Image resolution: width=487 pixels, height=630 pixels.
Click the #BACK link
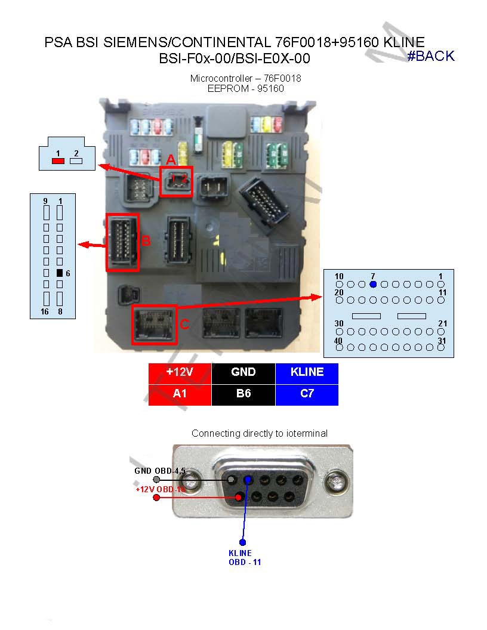pos(431,56)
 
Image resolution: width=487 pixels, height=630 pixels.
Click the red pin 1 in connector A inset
pos(58,161)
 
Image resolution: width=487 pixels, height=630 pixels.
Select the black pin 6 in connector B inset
pos(60,273)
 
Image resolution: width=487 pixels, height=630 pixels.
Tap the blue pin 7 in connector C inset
pos(373,285)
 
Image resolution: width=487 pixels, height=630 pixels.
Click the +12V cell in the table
pos(180,373)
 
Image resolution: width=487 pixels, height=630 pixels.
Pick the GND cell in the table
pos(243,373)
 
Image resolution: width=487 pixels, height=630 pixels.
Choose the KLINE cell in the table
pos(306,373)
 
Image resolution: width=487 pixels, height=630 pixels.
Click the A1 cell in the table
pos(180,394)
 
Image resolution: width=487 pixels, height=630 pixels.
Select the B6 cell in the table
pos(243,394)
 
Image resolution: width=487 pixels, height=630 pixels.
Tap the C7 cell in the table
pos(306,394)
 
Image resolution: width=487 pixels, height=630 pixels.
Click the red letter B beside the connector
pos(145,242)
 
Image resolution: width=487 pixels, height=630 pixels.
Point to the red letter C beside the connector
pos(184,325)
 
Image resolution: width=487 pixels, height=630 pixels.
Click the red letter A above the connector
pos(171,160)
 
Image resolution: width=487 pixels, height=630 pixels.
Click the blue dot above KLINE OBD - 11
pos(242,542)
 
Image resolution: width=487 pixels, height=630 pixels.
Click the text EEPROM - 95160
pos(245,88)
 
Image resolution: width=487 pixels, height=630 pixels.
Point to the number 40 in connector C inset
pos(338,341)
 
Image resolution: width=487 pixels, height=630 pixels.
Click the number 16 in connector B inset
pos(45,311)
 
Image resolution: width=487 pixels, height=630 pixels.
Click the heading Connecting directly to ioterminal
pos(260,433)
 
